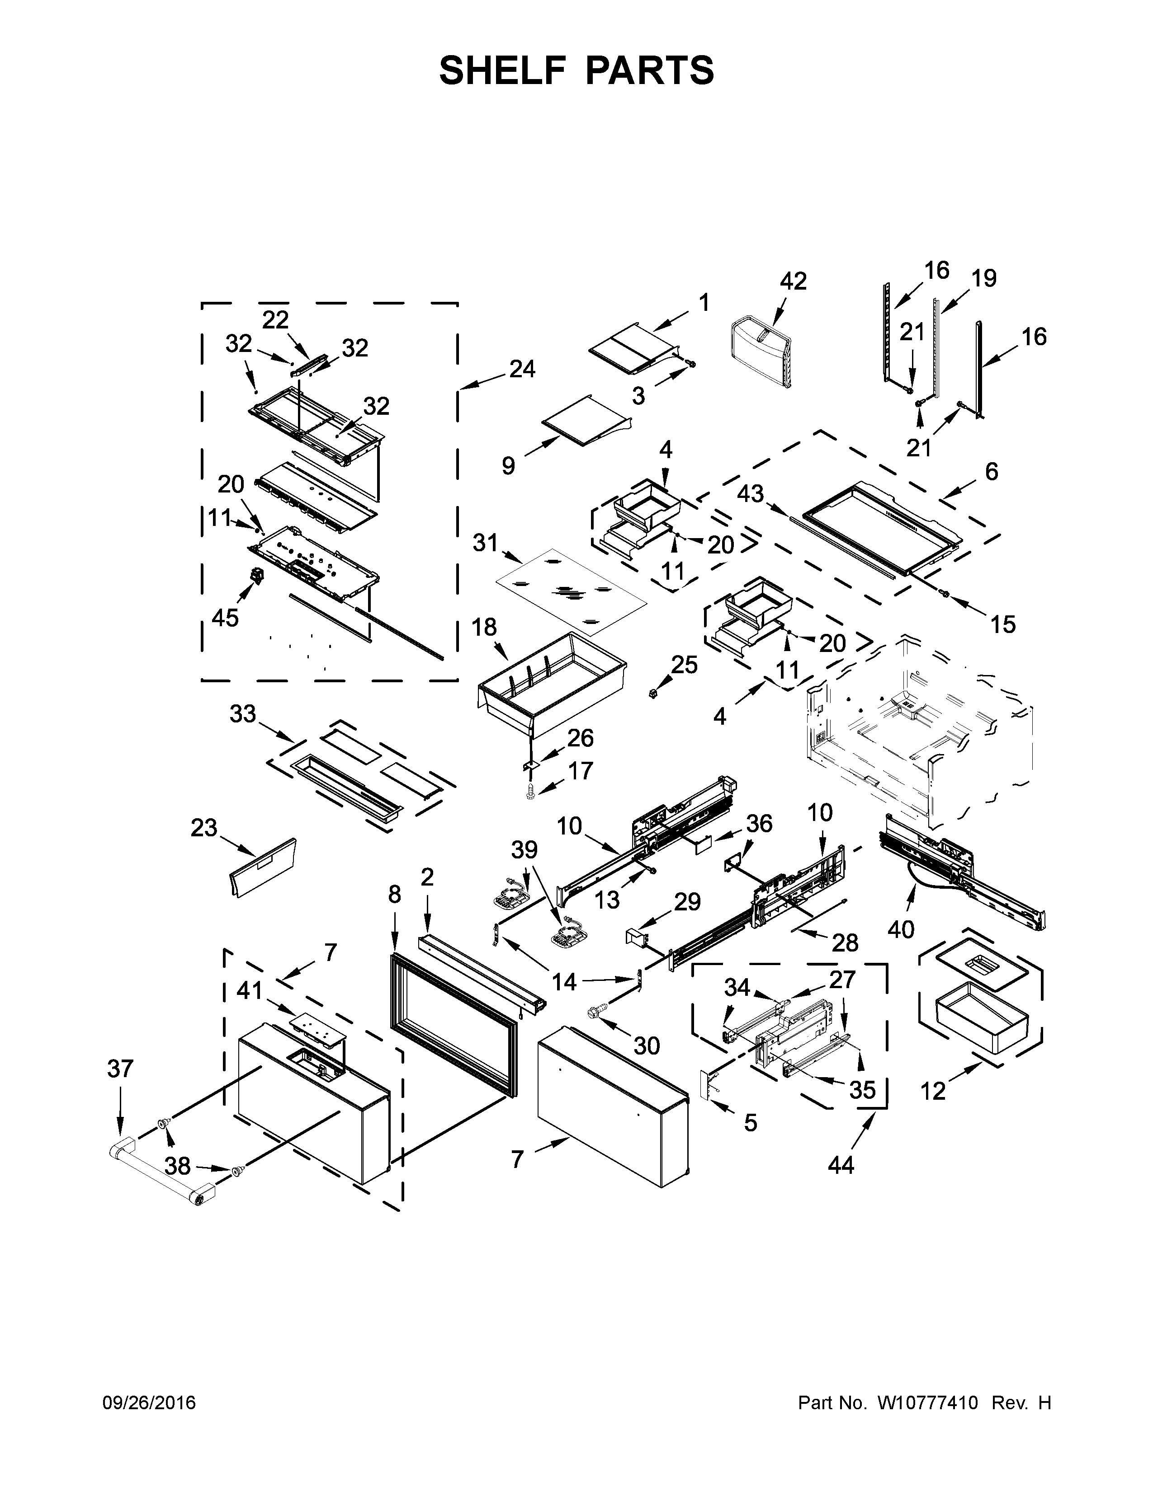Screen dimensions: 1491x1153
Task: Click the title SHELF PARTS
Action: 576,70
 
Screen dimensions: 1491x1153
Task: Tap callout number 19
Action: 983,278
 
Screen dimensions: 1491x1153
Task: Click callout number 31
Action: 485,544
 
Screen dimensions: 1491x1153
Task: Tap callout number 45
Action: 226,617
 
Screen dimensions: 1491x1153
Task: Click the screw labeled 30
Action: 591,1013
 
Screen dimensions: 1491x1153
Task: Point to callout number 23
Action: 203,828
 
